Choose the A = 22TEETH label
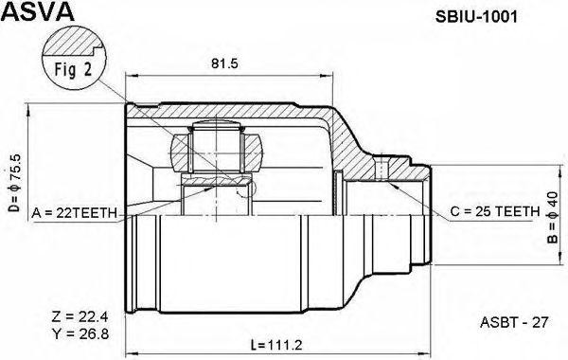point(74,211)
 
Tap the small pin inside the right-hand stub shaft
point(380,171)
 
